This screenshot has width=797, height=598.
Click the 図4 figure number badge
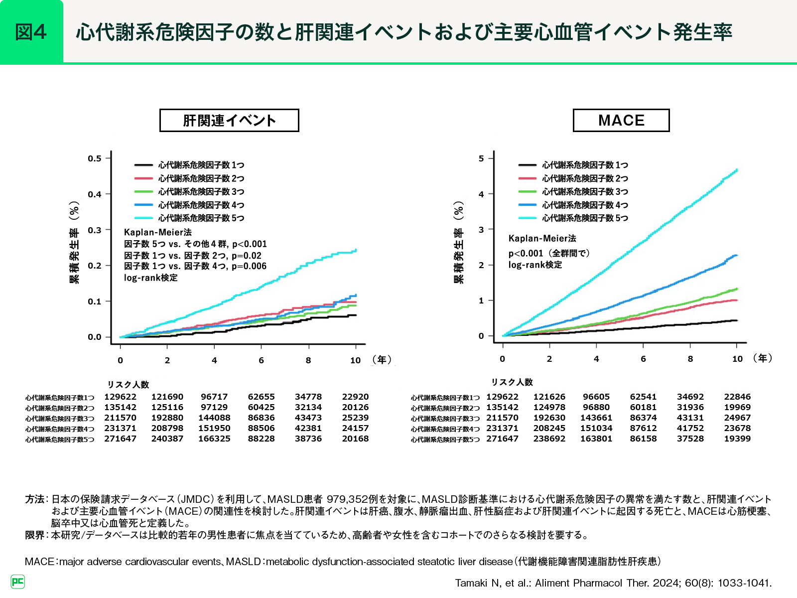click(31, 32)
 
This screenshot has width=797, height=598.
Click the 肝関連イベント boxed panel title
click(229, 121)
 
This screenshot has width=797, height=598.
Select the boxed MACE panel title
click(621, 121)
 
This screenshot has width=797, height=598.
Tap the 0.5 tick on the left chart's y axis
click(95, 158)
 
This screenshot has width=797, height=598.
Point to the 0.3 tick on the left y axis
click(95, 230)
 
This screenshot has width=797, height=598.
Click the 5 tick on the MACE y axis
click(481, 158)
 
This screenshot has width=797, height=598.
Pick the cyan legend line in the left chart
click(143, 218)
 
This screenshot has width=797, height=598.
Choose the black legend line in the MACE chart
click(527, 165)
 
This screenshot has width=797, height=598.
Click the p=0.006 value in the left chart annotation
click(249, 266)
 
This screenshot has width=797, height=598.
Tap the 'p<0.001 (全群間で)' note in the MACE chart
click(549, 253)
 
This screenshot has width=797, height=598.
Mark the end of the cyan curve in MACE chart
click(737, 170)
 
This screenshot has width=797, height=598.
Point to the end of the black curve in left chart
click(356, 315)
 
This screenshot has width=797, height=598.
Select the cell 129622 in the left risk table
click(120, 397)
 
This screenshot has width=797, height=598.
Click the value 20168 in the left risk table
click(355, 439)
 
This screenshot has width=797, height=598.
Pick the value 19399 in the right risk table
click(737, 439)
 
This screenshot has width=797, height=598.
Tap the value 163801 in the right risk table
click(596, 439)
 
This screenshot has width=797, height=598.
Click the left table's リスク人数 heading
click(128, 384)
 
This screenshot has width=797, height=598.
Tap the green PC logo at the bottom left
click(18, 581)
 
